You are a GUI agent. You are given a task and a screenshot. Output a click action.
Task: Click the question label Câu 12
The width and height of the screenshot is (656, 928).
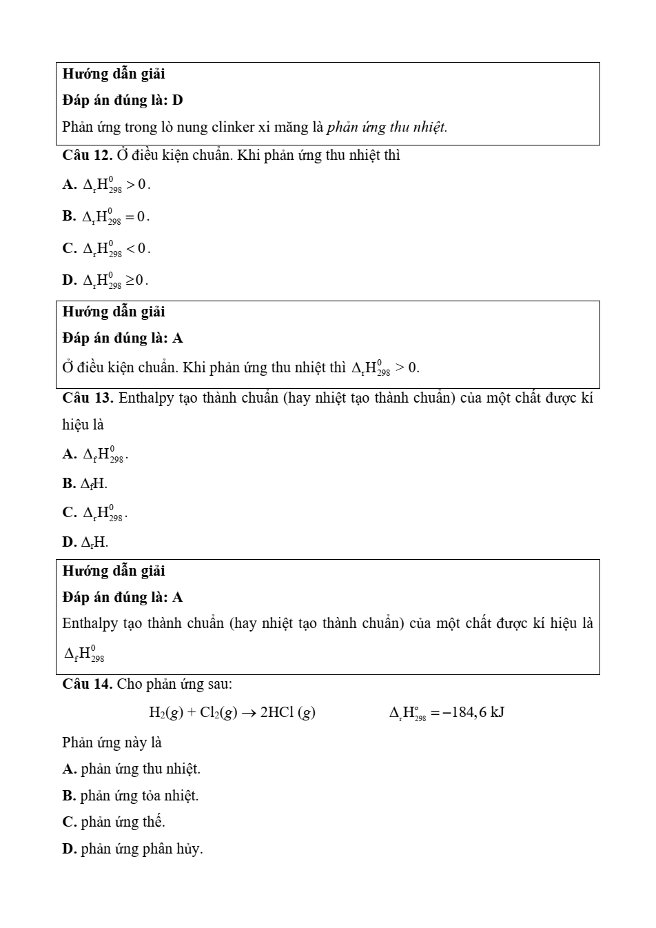88,155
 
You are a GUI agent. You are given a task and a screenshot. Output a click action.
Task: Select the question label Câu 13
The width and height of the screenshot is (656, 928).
88,398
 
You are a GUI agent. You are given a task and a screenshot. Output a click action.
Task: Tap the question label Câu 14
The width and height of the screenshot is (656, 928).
88,684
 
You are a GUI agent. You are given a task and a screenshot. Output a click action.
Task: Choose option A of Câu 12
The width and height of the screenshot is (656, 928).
107,185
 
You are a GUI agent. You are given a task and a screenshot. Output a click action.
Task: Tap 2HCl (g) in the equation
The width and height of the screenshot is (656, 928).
287,712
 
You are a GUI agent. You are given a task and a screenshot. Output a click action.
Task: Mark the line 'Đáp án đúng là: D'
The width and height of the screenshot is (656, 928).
123,100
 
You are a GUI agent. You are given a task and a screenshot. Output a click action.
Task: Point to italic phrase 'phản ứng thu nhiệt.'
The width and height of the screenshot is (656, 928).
387,127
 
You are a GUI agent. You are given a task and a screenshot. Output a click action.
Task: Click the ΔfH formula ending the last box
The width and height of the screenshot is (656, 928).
84,652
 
